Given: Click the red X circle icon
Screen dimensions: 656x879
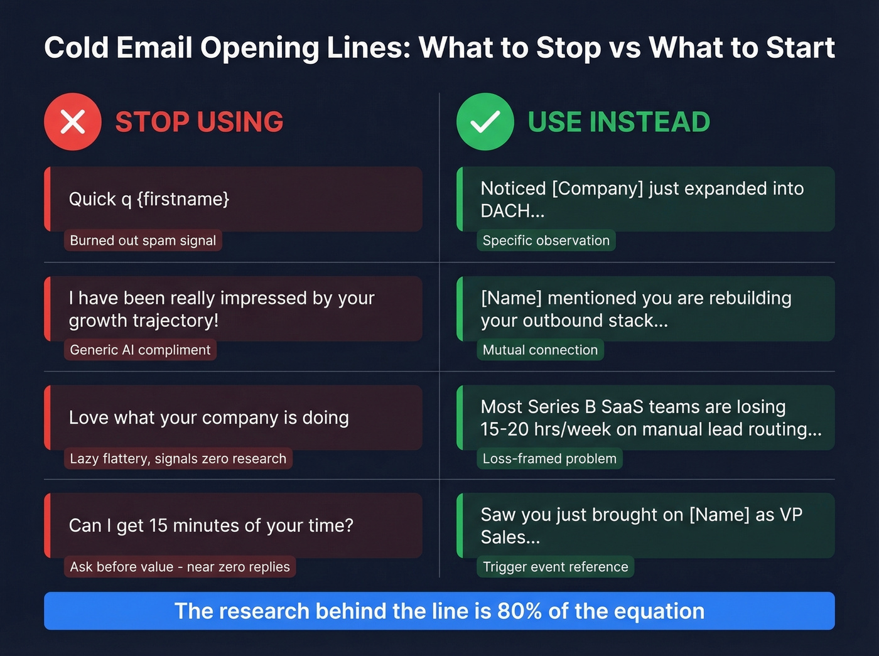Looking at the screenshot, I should (x=73, y=122).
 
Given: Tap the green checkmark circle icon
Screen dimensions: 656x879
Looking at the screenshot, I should (x=485, y=122).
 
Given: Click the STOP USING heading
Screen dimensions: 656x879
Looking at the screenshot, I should (x=199, y=122).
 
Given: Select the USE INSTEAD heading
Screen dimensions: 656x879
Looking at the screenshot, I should (x=618, y=122).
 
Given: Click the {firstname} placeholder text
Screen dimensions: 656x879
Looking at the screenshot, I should (x=183, y=199).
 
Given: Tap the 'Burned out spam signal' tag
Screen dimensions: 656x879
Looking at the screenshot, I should (x=143, y=240).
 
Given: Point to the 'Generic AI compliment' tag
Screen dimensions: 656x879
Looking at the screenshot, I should (x=140, y=350).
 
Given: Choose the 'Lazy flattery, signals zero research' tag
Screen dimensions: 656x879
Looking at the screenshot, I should (x=178, y=459).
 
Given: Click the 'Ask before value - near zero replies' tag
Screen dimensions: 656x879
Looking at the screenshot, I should (x=180, y=567).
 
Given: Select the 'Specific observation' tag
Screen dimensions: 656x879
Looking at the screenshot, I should (x=546, y=240).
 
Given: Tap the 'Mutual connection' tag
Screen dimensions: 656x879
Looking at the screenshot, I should (x=540, y=350).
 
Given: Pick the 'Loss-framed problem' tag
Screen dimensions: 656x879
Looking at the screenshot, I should (x=549, y=459).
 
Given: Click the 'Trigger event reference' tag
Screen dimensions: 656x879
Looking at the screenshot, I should (x=555, y=567).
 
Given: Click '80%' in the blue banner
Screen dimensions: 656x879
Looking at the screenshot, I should (x=519, y=611).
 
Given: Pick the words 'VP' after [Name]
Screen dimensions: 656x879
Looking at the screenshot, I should (x=790, y=515).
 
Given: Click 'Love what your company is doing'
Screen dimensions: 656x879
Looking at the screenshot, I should (x=208, y=417).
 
